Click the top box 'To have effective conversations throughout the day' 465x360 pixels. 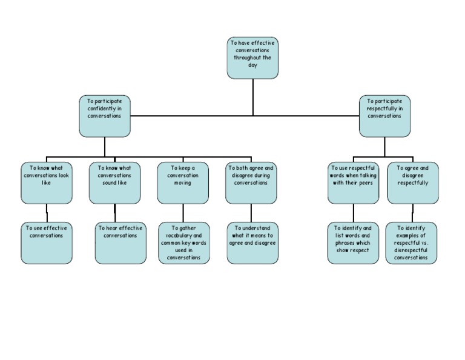[252, 58]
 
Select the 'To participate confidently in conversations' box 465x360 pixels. [104, 116]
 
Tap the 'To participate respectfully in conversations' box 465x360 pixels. [384, 116]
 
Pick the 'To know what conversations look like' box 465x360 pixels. [47, 182]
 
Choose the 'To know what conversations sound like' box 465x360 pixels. [114, 182]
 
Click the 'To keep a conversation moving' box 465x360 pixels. [183, 182]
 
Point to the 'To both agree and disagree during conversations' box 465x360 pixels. [251, 182]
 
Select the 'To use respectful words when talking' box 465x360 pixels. [354, 182]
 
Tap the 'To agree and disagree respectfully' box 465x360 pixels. [413, 182]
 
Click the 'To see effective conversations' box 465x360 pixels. [47, 243]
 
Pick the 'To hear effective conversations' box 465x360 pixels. [120, 243]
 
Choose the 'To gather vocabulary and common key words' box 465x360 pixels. [183, 243]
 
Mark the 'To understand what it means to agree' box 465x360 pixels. [253, 243]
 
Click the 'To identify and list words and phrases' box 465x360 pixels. [354, 243]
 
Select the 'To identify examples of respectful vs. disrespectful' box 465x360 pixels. [412, 243]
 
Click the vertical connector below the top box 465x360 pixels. [253, 97]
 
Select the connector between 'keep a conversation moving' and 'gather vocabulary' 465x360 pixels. [183, 213]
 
